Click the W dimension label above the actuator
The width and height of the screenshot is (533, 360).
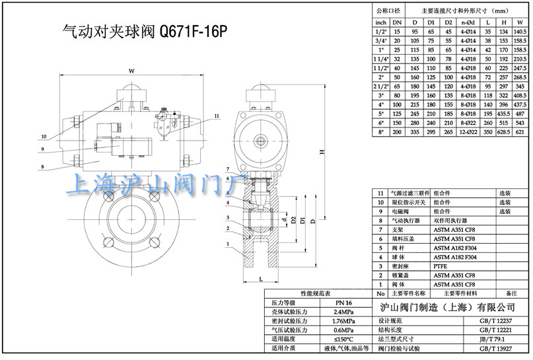(131, 71)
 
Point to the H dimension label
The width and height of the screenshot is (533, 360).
(322, 153)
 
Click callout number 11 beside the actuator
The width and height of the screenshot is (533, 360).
(216, 116)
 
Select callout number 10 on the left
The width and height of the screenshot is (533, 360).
(44, 137)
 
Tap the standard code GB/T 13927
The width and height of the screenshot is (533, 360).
(495, 348)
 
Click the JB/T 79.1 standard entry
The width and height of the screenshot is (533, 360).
(495, 339)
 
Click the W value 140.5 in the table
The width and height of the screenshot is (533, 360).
(520, 31)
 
